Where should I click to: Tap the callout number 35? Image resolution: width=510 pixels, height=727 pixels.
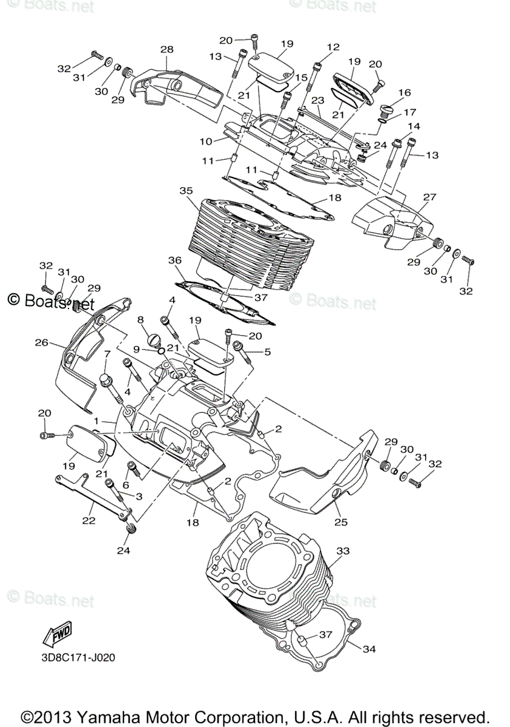click(x=185, y=190)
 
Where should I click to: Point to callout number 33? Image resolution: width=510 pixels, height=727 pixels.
click(x=343, y=551)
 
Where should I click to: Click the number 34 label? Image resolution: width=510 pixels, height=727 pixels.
click(x=369, y=649)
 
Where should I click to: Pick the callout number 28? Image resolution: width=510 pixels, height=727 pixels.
click(x=167, y=49)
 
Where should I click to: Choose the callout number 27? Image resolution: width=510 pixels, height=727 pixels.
click(x=429, y=197)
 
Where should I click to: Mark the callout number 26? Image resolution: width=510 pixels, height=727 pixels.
click(x=41, y=343)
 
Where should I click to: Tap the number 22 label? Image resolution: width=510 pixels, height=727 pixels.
click(x=89, y=520)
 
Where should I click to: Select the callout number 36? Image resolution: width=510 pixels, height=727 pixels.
click(x=175, y=260)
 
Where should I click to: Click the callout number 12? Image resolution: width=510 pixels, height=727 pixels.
click(x=333, y=47)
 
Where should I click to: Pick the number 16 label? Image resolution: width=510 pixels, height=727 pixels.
click(x=404, y=93)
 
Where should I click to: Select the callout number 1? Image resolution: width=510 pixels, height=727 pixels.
click(x=96, y=420)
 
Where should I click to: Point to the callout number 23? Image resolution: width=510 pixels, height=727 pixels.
click(x=318, y=100)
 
